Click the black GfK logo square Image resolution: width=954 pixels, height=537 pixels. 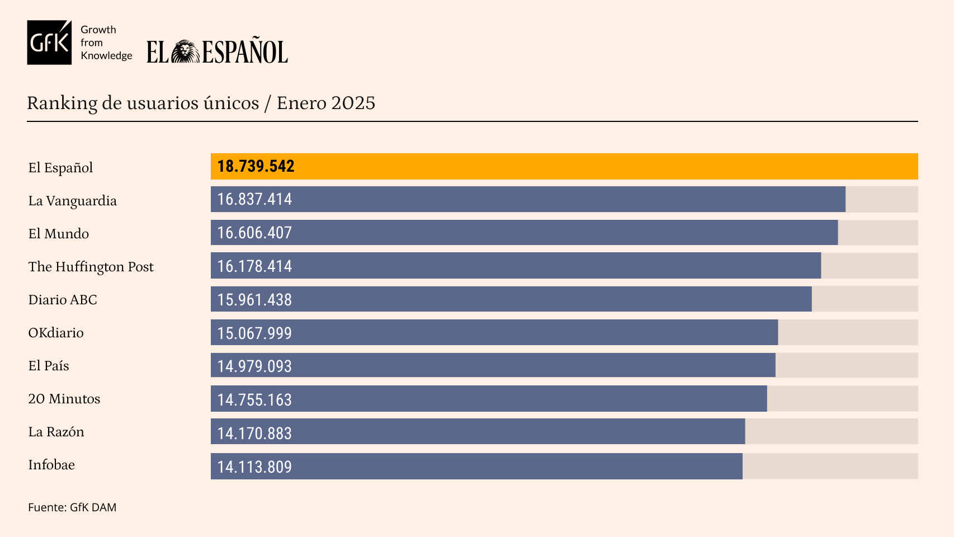tap(49, 43)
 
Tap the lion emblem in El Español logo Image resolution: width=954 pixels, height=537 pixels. tap(185, 52)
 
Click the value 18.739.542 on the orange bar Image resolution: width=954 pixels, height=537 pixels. tap(256, 167)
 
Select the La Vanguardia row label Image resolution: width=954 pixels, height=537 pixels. tap(73, 201)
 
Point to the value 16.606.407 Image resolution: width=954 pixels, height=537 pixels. tap(254, 233)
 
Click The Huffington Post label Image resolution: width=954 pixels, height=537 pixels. tap(91, 267)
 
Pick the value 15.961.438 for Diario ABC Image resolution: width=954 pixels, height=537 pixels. tap(254, 300)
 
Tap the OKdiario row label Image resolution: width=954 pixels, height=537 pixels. tap(56, 333)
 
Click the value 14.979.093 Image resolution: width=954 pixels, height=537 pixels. tap(254, 366)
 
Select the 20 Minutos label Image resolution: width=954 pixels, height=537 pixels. tap(64, 399)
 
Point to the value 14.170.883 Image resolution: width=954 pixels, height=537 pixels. tap(254, 433)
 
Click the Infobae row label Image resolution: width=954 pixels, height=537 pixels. tap(51, 465)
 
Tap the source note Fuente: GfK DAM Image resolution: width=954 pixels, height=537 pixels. tap(72, 507)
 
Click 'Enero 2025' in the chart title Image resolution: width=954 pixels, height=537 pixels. tap(326, 103)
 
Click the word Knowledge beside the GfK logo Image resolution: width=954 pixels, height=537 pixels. tap(106, 55)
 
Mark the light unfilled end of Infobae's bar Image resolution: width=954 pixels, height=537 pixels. tap(830, 466)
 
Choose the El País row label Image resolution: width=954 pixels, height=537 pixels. tap(49, 366)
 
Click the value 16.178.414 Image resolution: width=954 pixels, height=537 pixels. tap(254, 266)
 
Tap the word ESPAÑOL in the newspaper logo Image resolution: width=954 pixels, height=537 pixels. tap(245, 52)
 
